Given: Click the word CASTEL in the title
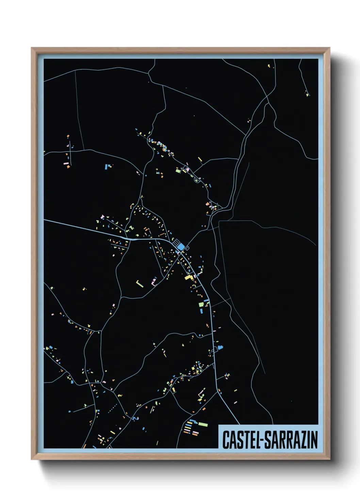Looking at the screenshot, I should click(240, 440).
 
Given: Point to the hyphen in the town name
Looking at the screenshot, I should click(261, 440).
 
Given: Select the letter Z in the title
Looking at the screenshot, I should click(301, 440).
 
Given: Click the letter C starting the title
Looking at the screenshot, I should click(225, 440).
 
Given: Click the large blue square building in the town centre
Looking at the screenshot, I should click(181, 246).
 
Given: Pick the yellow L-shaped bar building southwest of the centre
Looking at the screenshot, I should click(140, 283).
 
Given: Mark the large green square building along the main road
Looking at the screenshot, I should click(201, 304).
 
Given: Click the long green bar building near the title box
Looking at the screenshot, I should click(203, 424).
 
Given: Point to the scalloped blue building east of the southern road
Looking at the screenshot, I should click(220, 348).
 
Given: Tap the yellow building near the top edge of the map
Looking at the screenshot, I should click(269, 65).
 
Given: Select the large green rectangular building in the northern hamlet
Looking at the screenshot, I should click(178, 170).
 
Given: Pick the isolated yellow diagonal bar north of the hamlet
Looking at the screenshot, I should click(200, 159).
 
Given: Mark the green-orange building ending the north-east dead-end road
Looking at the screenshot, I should click(307, 95).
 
